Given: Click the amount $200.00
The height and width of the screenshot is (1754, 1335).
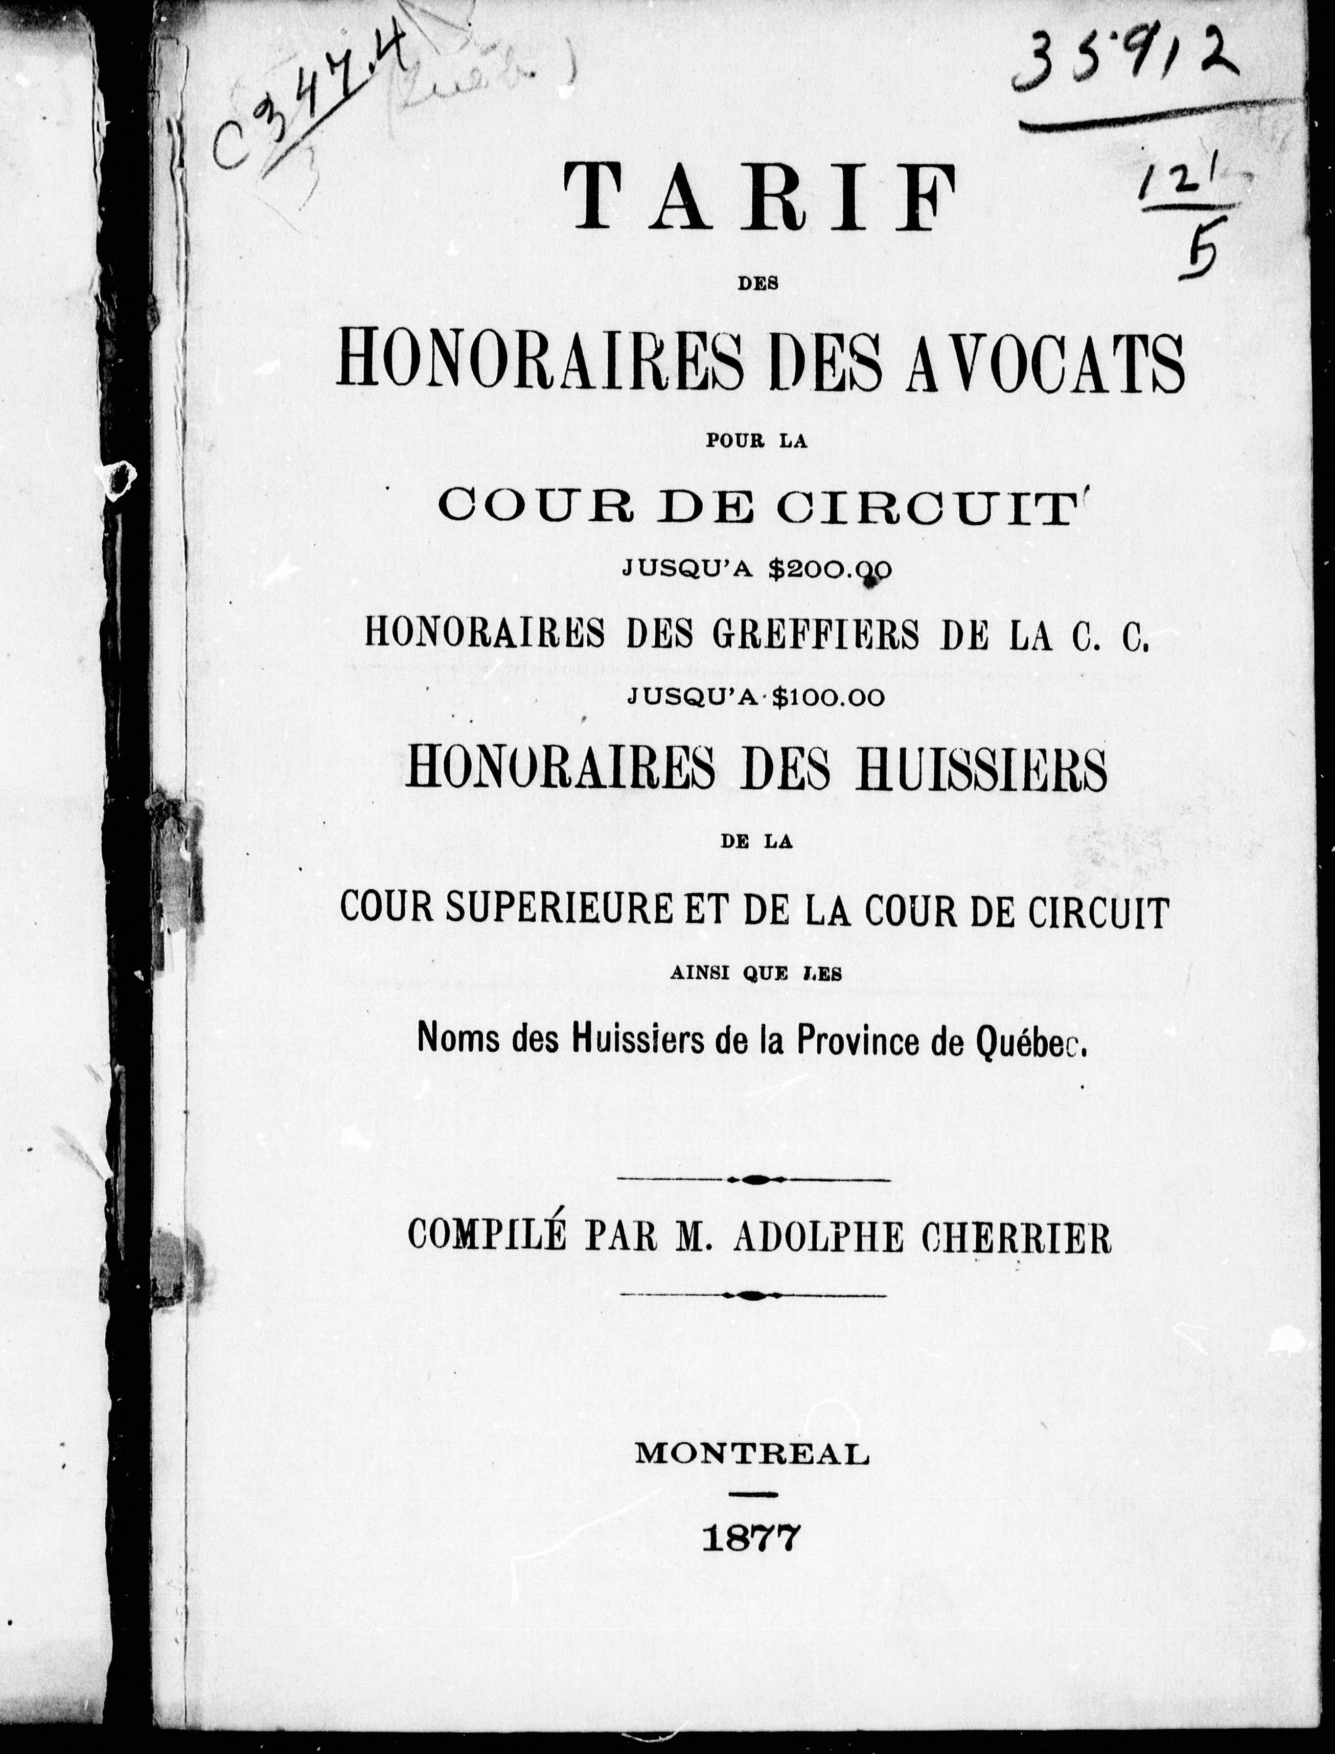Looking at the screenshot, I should pos(830,569).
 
